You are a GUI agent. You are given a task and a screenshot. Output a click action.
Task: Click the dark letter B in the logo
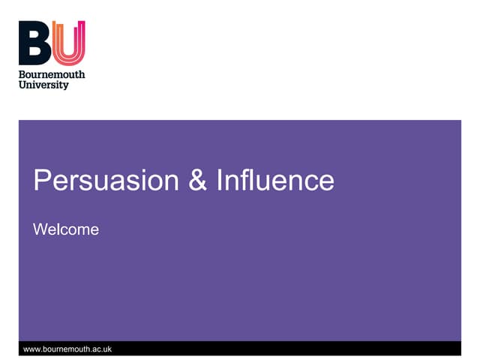(x=35, y=43)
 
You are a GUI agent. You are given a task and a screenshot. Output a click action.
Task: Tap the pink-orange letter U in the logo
(x=69, y=43)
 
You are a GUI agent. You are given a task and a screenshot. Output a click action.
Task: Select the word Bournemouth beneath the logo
(x=52, y=74)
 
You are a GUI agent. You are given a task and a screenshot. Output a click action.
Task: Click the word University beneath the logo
(x=43, y=85)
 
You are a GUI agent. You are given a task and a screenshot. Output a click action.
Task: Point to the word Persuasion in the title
(x=106, y=181)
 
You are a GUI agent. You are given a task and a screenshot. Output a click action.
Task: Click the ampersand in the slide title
(x=197, y=181)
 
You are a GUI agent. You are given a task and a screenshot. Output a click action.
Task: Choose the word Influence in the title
(x=275, y=181)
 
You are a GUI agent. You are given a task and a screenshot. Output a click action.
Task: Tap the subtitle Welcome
(x=66, y=229)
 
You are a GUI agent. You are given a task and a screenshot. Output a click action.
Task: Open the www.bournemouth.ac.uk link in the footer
(x=67, y=349)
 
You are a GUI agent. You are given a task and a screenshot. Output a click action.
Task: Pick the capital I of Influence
(x=220, y=181)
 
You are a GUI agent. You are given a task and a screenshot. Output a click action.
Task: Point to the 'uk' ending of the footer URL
(x=106, y=349)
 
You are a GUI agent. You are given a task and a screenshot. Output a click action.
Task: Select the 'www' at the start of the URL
(x=32, y=349)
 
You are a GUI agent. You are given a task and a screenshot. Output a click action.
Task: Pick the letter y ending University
(x=65, y=86)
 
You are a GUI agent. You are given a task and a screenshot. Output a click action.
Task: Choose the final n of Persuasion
(x=171, y=182)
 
